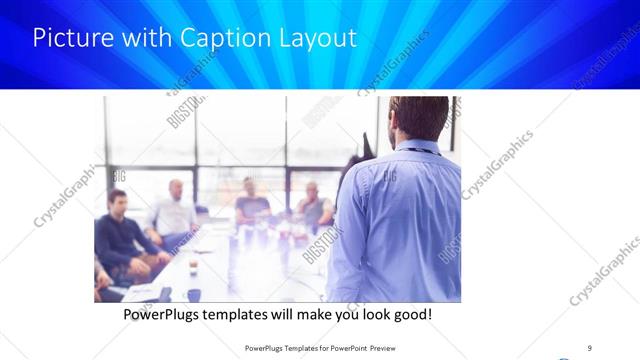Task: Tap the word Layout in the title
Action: click(317, 39)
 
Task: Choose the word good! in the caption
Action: click(411, 314)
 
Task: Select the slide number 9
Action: click(589, 347)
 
